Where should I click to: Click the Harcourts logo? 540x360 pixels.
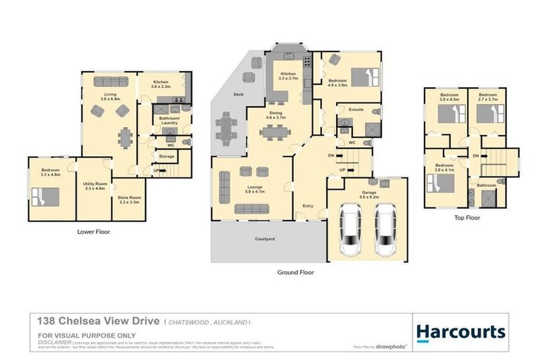[460, 332]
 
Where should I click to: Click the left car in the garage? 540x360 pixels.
[349, 231]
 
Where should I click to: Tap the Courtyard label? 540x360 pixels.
[264, 240]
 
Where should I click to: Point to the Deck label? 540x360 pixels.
[238, 94]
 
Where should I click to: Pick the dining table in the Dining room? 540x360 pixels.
[274, 131]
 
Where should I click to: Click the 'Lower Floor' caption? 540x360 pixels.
[93, 231]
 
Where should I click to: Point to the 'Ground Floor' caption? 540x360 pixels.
[296, 271]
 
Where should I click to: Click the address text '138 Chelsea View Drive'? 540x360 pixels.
[98, 321]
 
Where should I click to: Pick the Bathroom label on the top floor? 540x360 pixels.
[487, 185]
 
